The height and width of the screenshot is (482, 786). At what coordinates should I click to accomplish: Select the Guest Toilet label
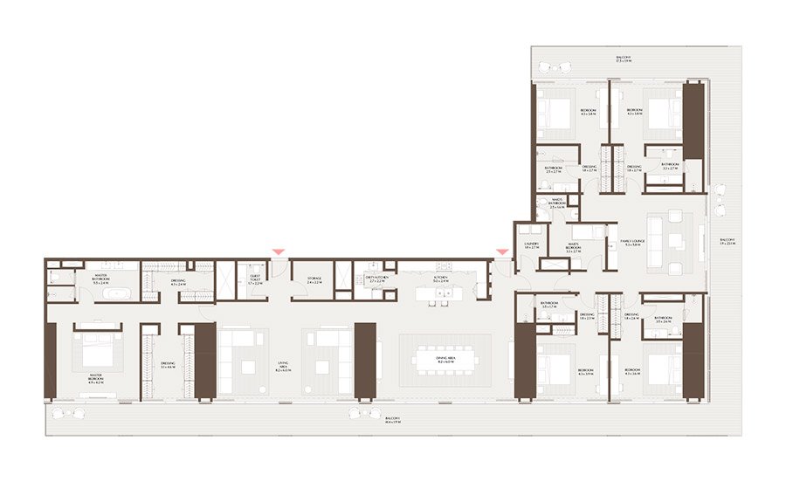[255, 282]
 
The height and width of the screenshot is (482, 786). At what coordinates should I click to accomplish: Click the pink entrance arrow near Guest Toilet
[278, 251]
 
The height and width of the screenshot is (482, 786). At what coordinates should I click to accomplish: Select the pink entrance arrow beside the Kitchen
[501, 252]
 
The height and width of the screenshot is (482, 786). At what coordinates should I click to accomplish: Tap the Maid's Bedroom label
[574, 247]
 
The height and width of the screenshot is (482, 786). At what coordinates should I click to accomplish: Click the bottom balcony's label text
[394, 421]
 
